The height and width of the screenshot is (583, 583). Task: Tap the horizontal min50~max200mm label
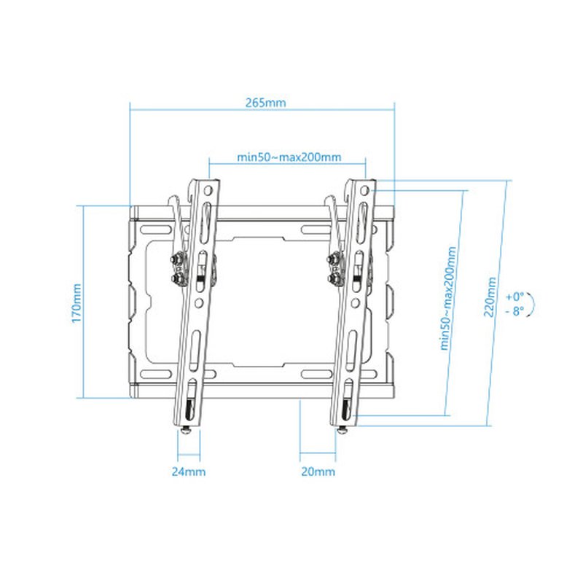pos(289,157)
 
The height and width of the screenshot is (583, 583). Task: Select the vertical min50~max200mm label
pos(449,298)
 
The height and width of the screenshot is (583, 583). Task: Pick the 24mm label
pos(188,472)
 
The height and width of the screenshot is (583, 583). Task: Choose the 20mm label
pos(318,472)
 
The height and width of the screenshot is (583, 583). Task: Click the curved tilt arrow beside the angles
pos(535,303)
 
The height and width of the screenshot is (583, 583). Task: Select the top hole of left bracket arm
pos(210,189)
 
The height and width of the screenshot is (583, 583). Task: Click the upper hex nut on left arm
pos(177,259)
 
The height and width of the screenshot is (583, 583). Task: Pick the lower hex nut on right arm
pos(334,279)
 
